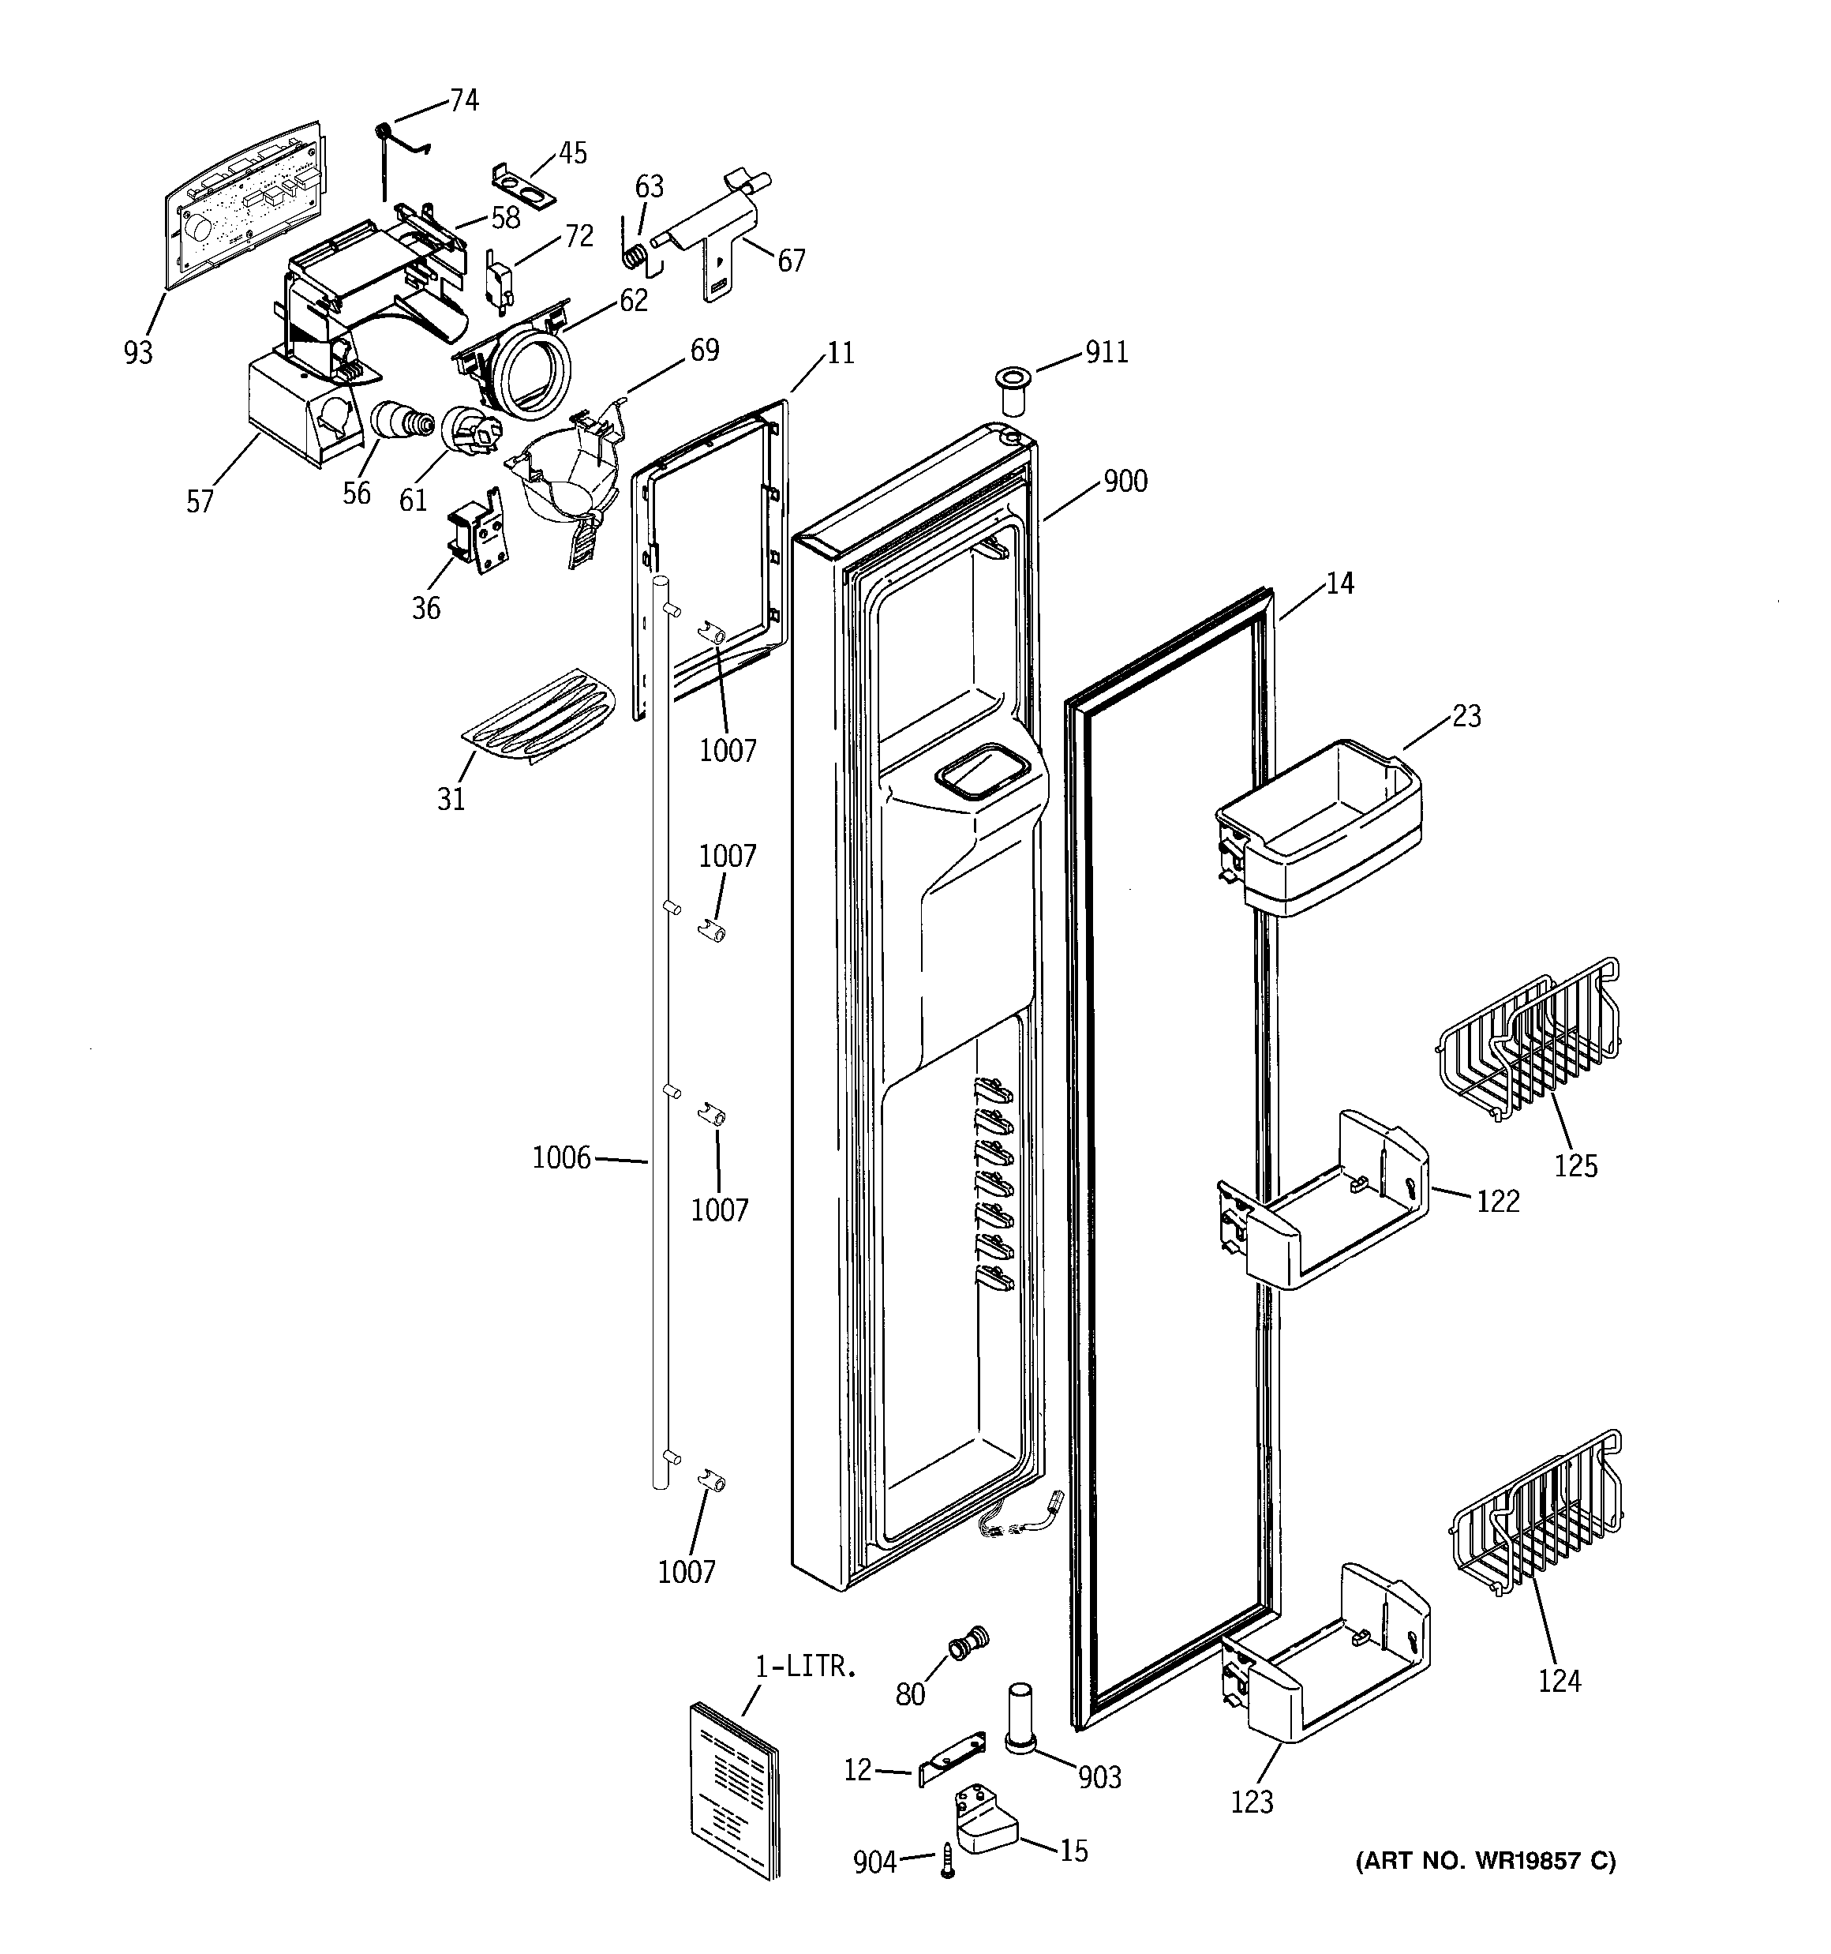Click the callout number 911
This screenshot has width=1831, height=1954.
[1106, 352]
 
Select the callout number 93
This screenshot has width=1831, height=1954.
[139, 352]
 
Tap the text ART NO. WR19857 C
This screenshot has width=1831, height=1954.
[1485, 1861]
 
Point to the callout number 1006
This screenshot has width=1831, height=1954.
[561, 1159]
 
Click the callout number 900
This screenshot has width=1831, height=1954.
[1125, 482]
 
